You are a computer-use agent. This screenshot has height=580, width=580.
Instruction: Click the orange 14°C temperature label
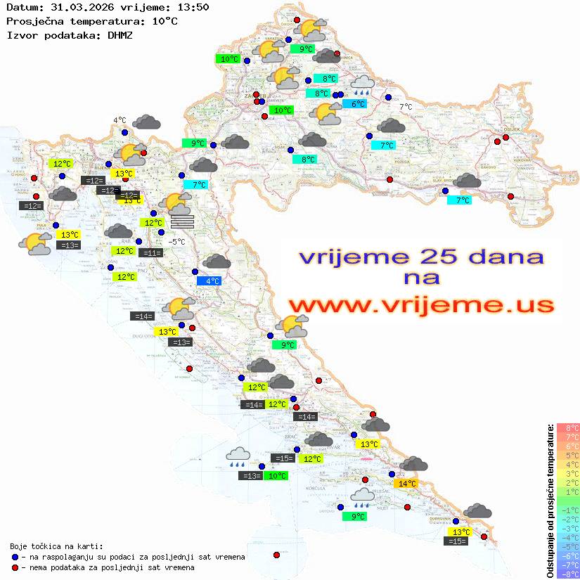click(x=407, y=484)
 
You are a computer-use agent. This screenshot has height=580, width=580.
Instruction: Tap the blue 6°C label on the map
click(x=358, y=104)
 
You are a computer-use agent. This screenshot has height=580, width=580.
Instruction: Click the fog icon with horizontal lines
click(x=181, y=221)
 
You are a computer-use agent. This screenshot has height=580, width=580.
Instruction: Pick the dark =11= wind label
click(x=150, y=253)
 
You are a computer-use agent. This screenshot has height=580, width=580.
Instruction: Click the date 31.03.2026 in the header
click(x=75, y=7)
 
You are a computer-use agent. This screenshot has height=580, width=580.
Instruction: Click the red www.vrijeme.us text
click(x=420, y=305)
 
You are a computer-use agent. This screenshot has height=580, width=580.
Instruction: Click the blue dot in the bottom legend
click(x=15, y=557)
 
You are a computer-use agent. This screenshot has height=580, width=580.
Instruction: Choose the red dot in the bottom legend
click(x=15, y=567)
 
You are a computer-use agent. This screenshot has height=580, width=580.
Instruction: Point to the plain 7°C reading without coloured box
click(x=406, y=108)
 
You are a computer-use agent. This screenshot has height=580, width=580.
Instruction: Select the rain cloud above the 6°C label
click(x=363, y=86)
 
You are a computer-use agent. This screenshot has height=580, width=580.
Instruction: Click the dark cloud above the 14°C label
click(x=414, y=465)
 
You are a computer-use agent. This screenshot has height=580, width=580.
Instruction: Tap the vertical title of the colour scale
click(x=550, y=501)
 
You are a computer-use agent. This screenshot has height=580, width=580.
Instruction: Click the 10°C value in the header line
click(x=165, y=21)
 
